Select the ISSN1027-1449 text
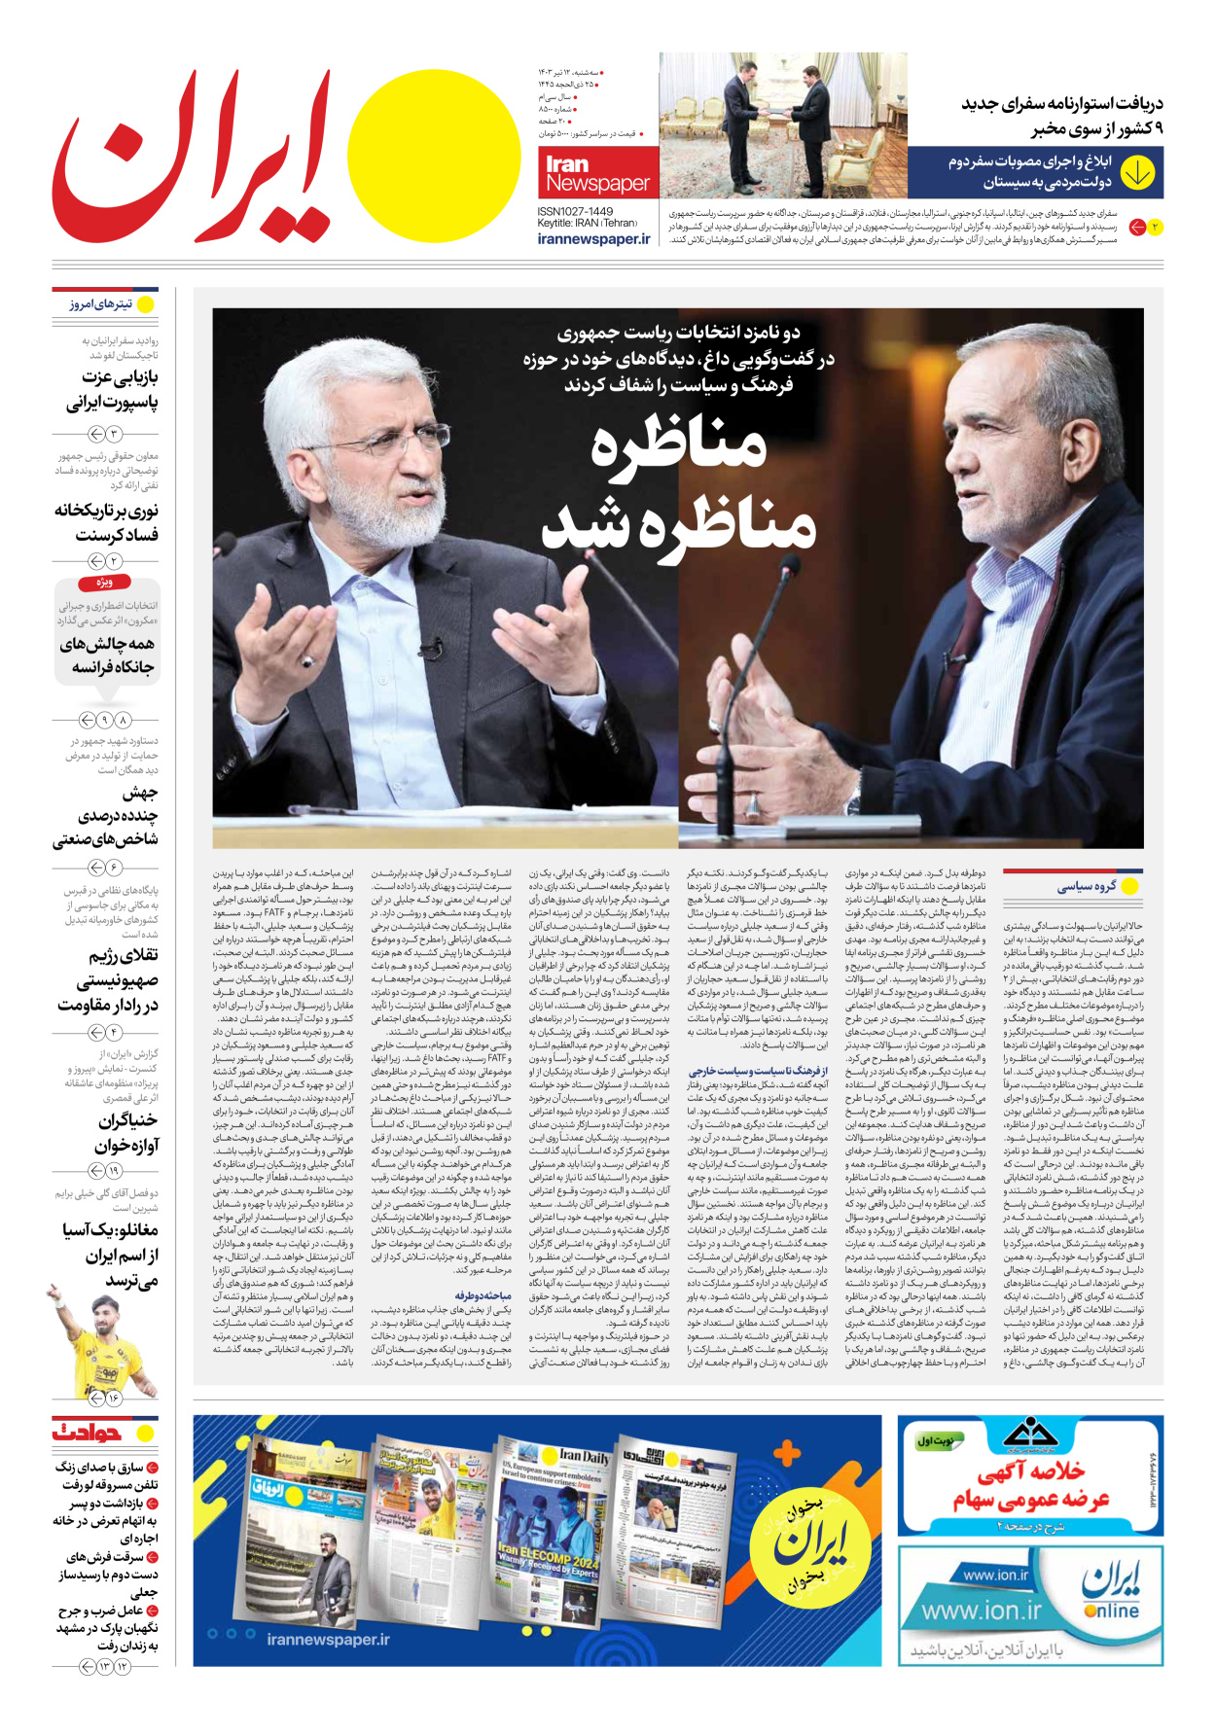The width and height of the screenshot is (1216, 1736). pos(575,211)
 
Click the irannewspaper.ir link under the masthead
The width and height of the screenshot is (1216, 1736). pos(593,239)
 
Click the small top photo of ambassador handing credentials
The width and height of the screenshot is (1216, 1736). pos(783,124)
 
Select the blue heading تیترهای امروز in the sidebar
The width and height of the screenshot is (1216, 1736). pos(101,304)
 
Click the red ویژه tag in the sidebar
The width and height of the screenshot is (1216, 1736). pos(104,583)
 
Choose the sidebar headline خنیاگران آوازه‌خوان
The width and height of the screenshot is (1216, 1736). pos(127,1133)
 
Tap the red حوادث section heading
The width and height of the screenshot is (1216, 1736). pos(88,1432)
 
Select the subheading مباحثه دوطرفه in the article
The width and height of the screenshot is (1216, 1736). pos(483,1295)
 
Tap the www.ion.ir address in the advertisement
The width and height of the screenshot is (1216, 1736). pos(981,1612)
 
